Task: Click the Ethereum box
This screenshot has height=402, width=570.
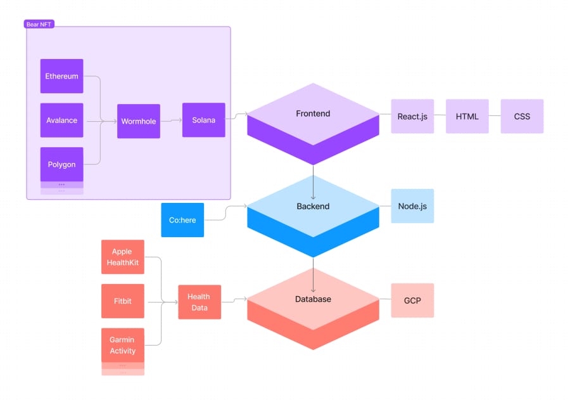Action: [61, 76]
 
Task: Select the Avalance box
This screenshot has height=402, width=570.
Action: [61, 120]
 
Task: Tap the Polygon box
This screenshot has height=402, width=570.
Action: [61, 164]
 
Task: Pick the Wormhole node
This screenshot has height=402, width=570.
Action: [138, 120]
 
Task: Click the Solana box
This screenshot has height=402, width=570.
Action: [203, 120]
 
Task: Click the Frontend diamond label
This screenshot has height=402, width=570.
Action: [313, 114]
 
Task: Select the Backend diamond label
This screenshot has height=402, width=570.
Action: [313, 206]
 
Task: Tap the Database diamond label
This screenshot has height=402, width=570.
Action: [313, 299]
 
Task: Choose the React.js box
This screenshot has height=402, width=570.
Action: [412, 116]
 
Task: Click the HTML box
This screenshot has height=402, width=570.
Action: [467, 116]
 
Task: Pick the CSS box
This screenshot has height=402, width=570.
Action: [522, 116]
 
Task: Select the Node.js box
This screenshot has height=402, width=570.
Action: [412, 206]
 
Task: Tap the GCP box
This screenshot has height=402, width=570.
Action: [412, 300]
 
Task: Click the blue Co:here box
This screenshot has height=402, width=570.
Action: [182, 220]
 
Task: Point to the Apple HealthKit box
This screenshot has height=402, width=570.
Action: [122, 257]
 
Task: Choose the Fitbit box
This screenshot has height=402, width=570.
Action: [122, 301]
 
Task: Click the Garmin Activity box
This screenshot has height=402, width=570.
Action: [122, 346]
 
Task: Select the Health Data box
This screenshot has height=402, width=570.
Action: [199, 302]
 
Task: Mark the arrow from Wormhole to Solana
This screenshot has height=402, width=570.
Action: [171, 120]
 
